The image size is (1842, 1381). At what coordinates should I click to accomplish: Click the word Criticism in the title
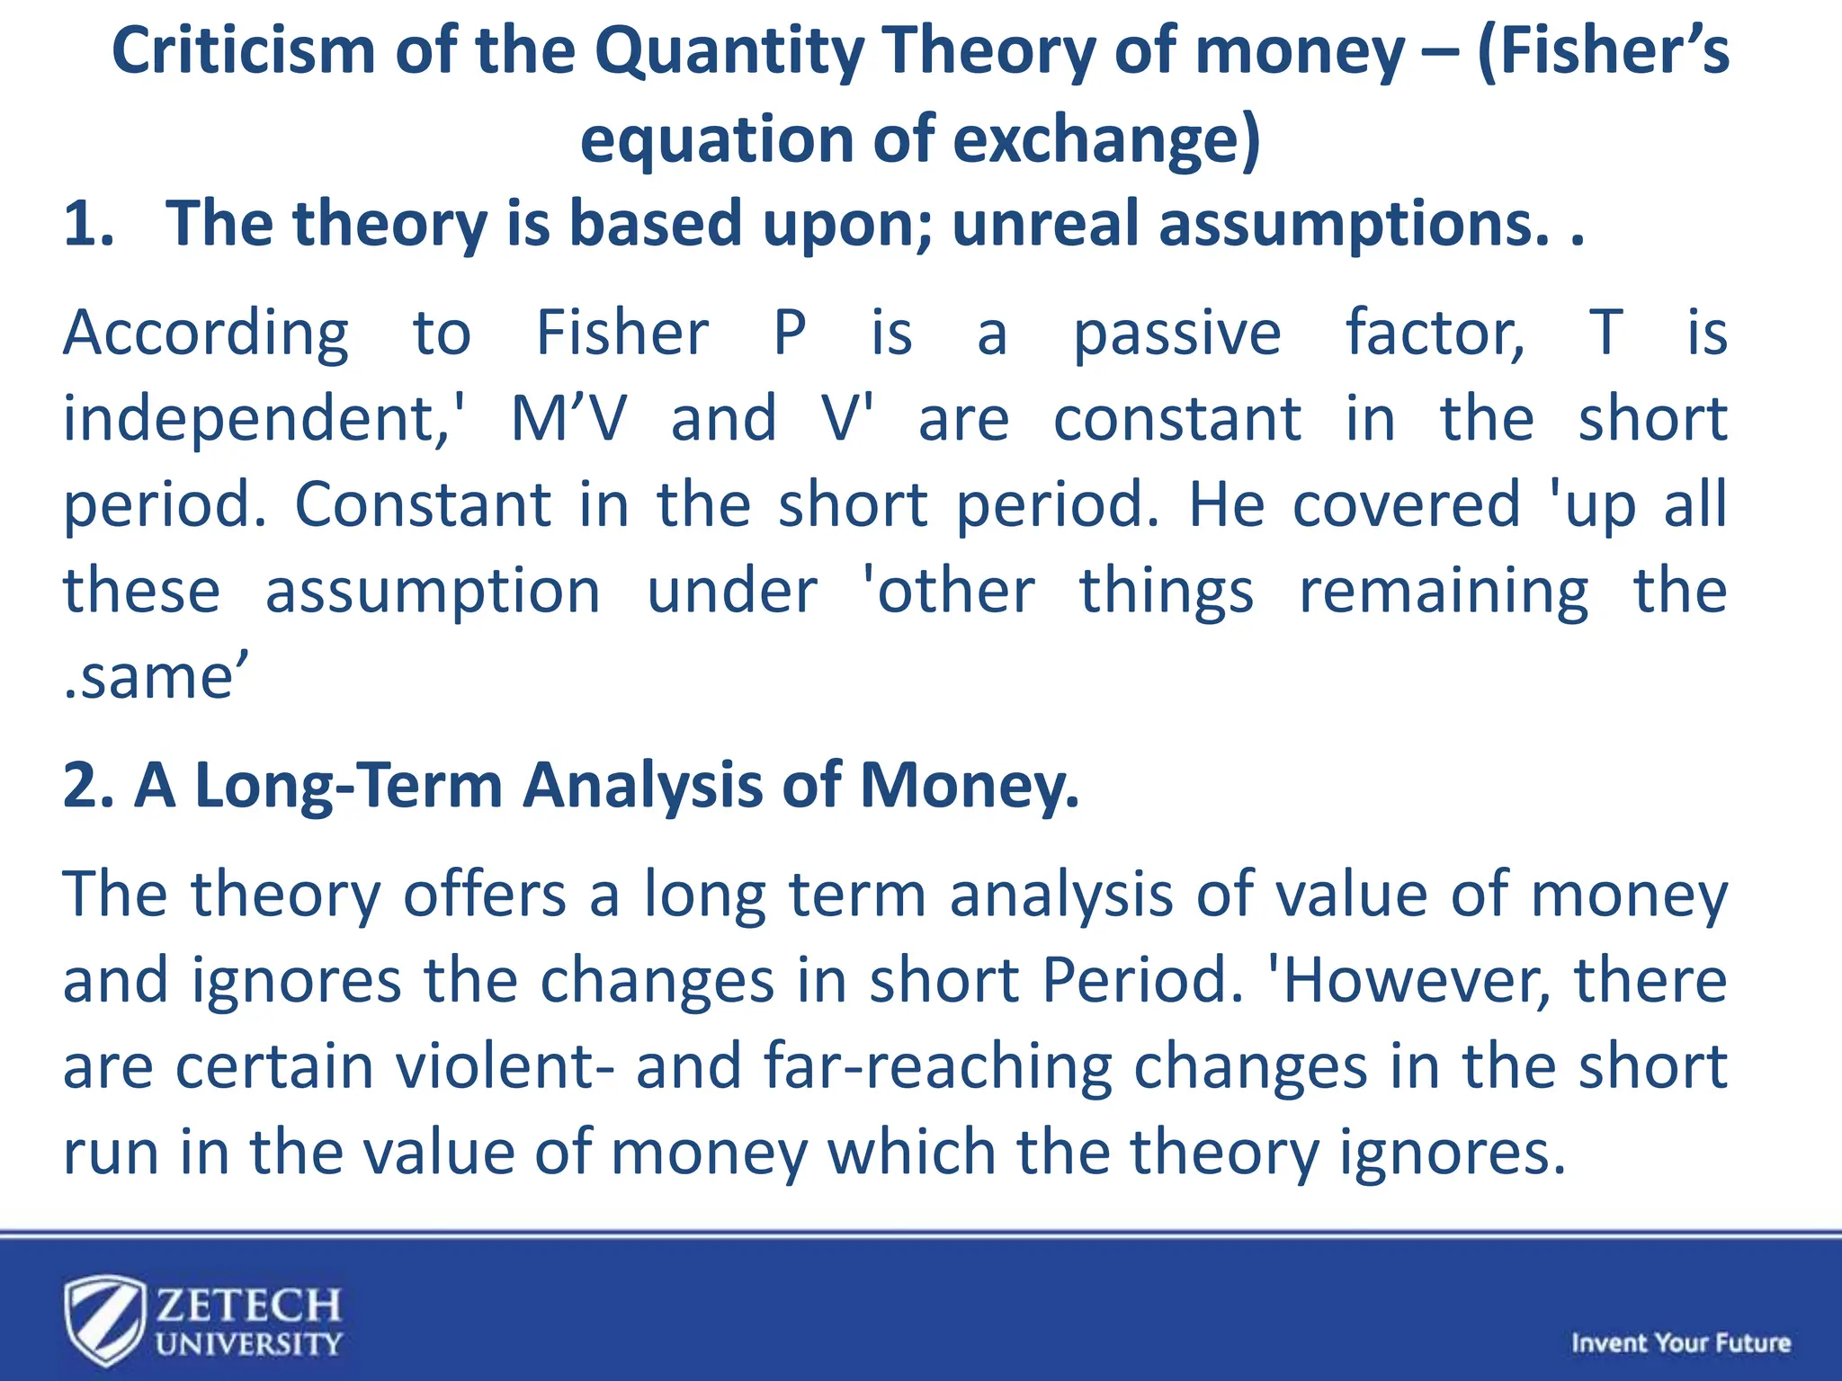click(243, 51)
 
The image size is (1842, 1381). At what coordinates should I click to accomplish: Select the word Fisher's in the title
click(1603, 51)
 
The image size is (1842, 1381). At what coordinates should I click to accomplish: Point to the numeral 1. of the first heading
click(89, 224)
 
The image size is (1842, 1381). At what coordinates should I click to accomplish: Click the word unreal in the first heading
click(1045, 224)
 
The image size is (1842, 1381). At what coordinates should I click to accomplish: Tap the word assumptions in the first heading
click(1346, 224)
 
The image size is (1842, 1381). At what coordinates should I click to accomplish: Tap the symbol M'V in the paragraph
click(568, 420)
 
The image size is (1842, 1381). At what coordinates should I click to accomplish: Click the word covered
click(1406, 505)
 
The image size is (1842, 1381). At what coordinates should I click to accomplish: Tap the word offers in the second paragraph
click(484, 895)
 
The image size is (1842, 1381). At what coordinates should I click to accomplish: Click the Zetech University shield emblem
click(104, 1320)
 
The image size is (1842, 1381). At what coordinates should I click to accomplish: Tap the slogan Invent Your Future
click(1680, 1343)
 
